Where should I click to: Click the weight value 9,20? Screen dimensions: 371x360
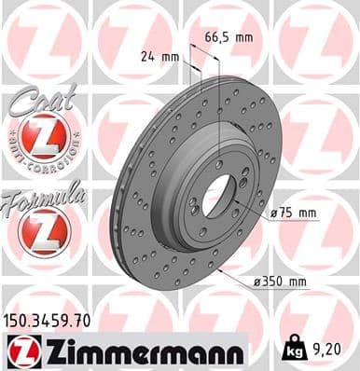pos(322,350)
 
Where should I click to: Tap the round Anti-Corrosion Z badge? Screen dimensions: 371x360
pos(44,141)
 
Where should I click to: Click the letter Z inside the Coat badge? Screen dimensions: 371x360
pos(44,140)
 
